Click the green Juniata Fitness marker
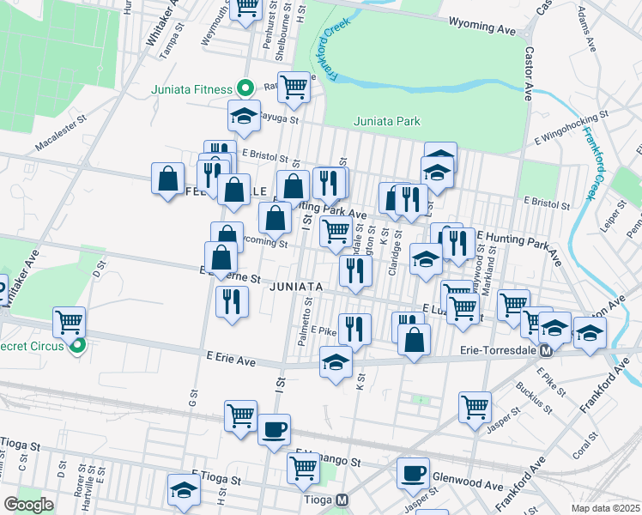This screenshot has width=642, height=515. tap(245, 88)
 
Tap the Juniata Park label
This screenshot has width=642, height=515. tap(387, 122)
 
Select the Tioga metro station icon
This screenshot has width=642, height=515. tap(342, 500)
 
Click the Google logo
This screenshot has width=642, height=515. tap(29, 505)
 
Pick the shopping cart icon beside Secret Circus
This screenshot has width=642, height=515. tap(69, 323)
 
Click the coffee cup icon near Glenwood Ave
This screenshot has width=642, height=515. tap(413, 473)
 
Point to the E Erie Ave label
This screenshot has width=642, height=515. tap(232, 362)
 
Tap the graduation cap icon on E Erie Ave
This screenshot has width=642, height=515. tap(336, 361)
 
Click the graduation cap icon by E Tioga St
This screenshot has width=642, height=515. tap(184, 489)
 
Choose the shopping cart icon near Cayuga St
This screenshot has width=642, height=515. tap(294, 86)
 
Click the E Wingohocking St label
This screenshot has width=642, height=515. tap(571, 125)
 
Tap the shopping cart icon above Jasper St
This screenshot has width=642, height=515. tap(475, 408)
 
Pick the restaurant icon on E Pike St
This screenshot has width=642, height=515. tap(354, 328)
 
